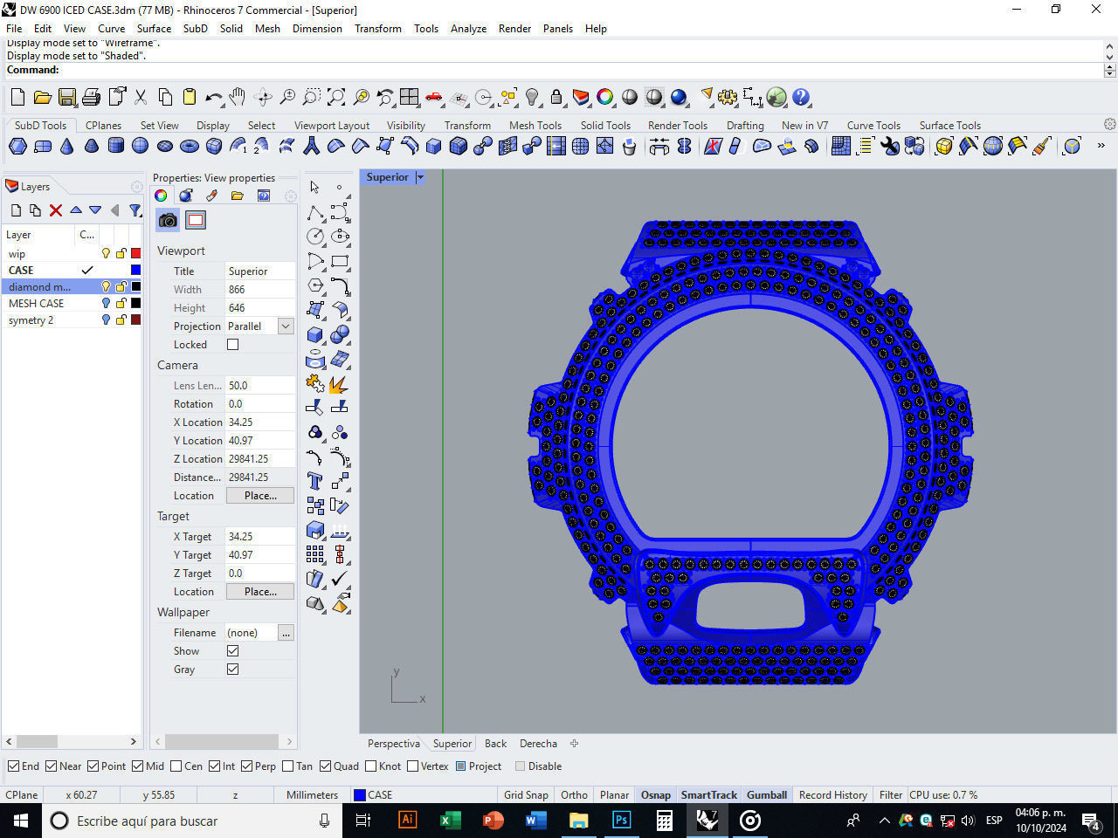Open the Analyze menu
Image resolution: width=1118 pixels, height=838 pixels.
[x=468, y=29]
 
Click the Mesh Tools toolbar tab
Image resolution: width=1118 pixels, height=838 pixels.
[x=535, y=126]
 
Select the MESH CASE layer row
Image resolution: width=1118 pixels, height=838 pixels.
[x=37, y=304]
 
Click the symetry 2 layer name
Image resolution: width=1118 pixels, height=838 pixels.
[x=31, y=320]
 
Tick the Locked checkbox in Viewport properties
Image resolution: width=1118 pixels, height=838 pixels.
[x=233, y=345]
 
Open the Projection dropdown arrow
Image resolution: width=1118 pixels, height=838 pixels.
[x=286, y=326]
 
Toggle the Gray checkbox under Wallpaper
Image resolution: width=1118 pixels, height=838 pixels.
[x=233, y=670]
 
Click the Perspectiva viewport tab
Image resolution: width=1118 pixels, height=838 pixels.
[x=393, y=744]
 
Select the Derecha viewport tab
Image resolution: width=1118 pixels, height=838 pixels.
[x=538, y=744]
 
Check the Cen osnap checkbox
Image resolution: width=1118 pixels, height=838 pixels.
[x=176, y=766]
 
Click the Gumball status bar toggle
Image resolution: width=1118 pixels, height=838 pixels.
[x=766, y=795]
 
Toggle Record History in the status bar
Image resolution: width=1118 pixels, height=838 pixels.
[x=832, y=795]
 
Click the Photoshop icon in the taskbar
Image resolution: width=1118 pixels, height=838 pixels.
[x=621, y=821]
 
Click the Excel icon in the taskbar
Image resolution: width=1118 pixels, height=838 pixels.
[x=450, y=821]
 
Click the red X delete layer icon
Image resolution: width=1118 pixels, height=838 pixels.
[x=56, y=210]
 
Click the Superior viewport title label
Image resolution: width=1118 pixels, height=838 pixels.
[x=387, y=177]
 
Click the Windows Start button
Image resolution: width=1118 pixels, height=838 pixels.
[x=21, y=821]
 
